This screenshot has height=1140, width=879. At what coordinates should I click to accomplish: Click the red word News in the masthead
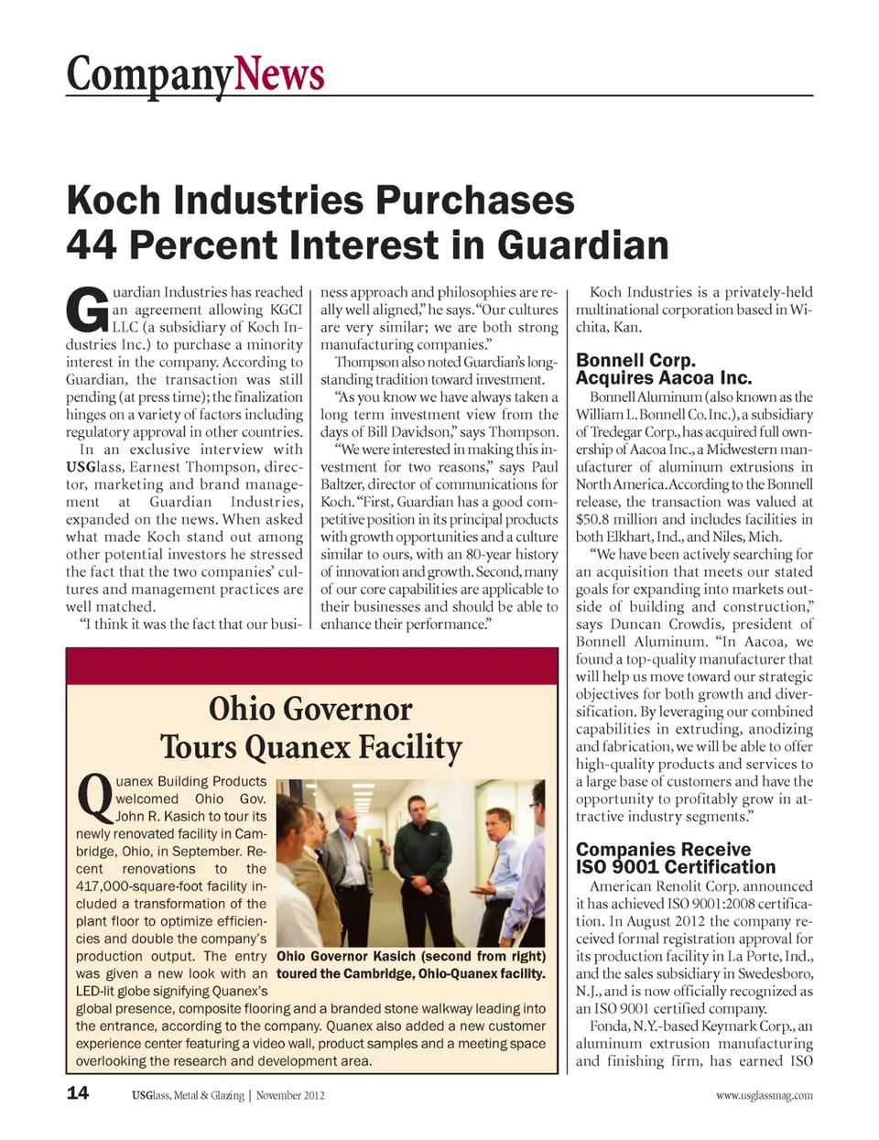pyautogui.click(x=279, y=73)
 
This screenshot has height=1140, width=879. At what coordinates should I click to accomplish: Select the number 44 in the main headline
pyautogui.click(x=92, y=244)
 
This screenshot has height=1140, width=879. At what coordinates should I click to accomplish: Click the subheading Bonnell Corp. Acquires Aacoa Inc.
pyautogui.click(x=664, y=369)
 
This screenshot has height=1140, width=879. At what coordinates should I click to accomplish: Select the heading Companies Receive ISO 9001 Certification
pyautogui.click(x=675, y=858)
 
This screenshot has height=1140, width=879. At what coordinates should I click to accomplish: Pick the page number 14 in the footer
pyautogui.click(x=78, y=1092)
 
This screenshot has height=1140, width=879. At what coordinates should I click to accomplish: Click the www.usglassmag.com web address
pyautogui.click(x=764, y=1095)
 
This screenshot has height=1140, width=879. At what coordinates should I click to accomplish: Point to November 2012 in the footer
pyautogui.click(x=290, y=1095)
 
